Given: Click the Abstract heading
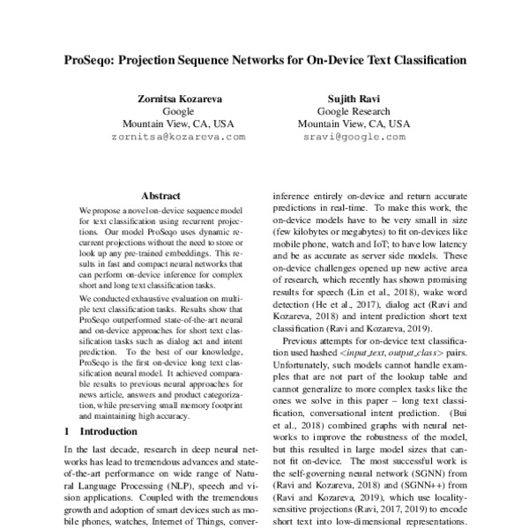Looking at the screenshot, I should point(160,197).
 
